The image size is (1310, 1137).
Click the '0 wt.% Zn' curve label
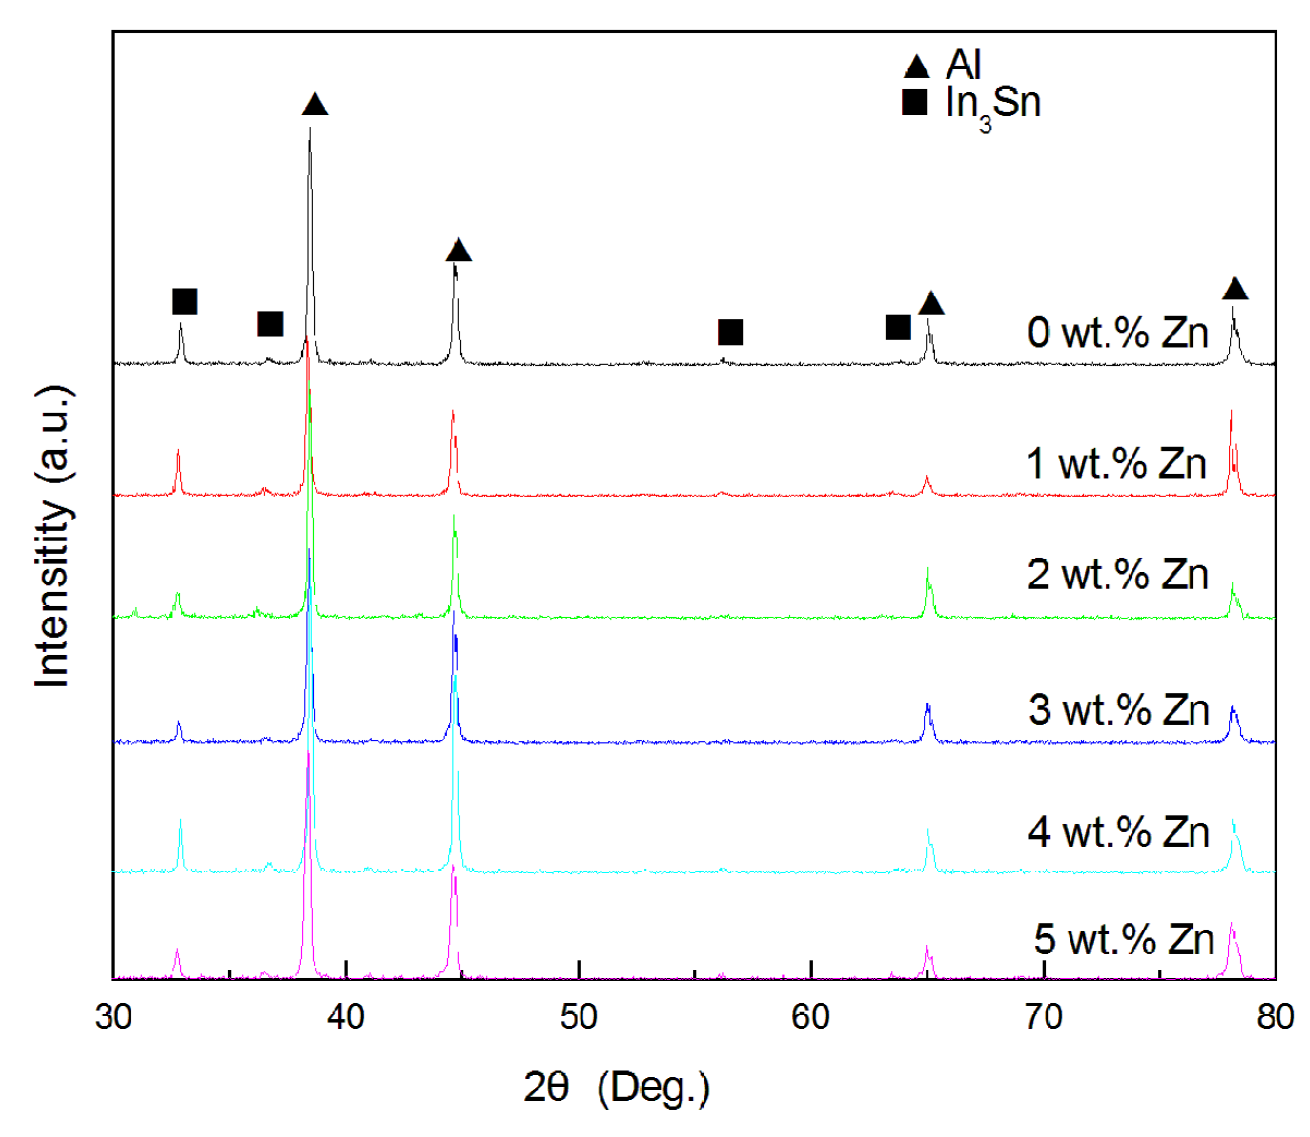pos(1117,332)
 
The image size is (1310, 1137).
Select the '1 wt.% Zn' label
pos(1116,463)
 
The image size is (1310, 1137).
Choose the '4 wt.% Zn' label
pos(1118,832)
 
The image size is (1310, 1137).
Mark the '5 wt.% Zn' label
pos(1124,939)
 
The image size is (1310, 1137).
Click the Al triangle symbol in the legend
pos(916,66)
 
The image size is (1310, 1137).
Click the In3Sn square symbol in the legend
pos(915,102)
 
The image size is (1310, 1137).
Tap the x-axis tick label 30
pos(113,1018)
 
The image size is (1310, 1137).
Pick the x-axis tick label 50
pos(578,1018)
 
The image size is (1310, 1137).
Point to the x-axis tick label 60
pos(811,1018)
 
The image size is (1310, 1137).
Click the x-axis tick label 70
pos(1044,1018)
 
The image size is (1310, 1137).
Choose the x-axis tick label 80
pos(1275,1018)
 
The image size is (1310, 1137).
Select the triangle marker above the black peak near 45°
pos(459,251)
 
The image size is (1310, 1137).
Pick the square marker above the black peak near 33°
pos(185,302)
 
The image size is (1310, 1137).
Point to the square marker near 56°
pos(730,332)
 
